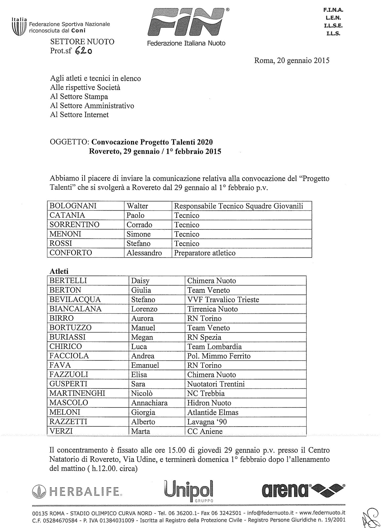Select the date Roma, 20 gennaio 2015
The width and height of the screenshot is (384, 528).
tap(292, 61)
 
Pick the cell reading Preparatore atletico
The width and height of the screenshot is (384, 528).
tap(205, 253)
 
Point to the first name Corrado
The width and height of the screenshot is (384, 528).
tap(139, 225)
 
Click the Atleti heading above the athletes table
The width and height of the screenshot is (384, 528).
tap(59, 271)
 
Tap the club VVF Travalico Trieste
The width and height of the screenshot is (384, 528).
tap(223, 300)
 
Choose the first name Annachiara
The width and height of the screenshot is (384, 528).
tap(149, 403)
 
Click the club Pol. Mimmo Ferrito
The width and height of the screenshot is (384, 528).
tap(219, 356)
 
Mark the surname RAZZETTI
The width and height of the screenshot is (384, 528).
tap(68, 422)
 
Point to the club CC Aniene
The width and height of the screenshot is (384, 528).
tap(205, 431)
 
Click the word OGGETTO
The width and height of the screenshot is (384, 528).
tap(69, 142)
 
